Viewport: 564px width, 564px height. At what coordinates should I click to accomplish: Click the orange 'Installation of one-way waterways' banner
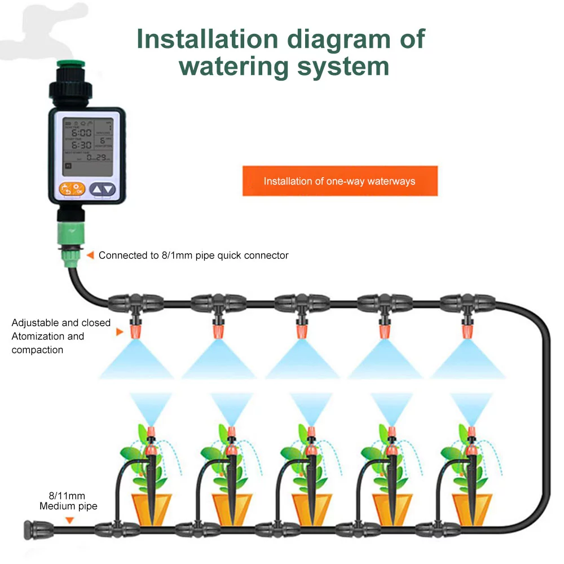coord(340,181)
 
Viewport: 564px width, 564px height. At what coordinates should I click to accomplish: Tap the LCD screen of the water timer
coord(87,144)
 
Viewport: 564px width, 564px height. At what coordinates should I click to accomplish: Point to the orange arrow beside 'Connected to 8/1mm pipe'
coord(90,255)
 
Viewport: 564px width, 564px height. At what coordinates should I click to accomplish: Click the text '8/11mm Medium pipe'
coord(68,501)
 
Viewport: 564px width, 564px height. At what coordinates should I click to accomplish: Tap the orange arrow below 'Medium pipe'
coord(69,520)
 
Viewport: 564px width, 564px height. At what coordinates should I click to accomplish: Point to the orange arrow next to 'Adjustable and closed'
coord(119,332)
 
